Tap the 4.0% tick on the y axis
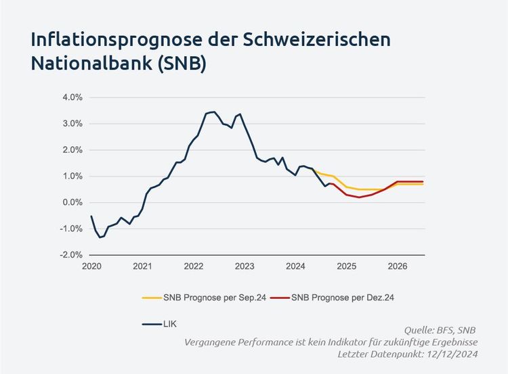[x=72, y=97]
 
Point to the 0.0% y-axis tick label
[x=72, y=202]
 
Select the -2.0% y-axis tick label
[x=71, y=255]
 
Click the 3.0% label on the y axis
[x=72, y=124]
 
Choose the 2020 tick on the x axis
[x=91, y=266]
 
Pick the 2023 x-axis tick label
[x=245, y=266]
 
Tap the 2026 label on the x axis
[x=398, y=266]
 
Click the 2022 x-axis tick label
[x=194, y=266]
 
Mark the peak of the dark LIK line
[x=214, y=112]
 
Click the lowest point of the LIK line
[x=100, y=237]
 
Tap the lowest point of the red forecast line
[x=359, y=197]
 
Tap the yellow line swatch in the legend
[x=151, y=298]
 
